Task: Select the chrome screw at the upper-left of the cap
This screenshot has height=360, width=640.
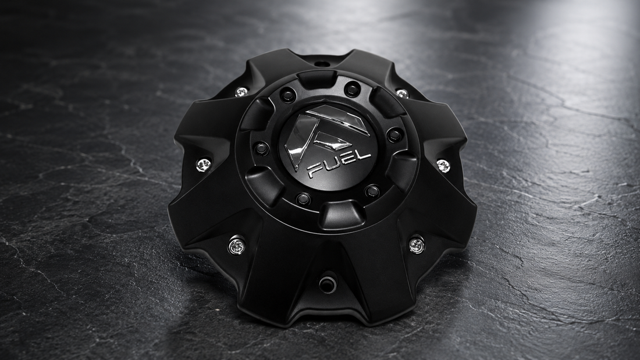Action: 241,92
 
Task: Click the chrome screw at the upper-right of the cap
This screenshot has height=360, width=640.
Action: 401,94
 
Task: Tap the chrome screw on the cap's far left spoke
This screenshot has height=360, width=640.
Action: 203,165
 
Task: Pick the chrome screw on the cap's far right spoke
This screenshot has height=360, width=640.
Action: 443,165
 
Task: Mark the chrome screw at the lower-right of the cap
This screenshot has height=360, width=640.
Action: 417,245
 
